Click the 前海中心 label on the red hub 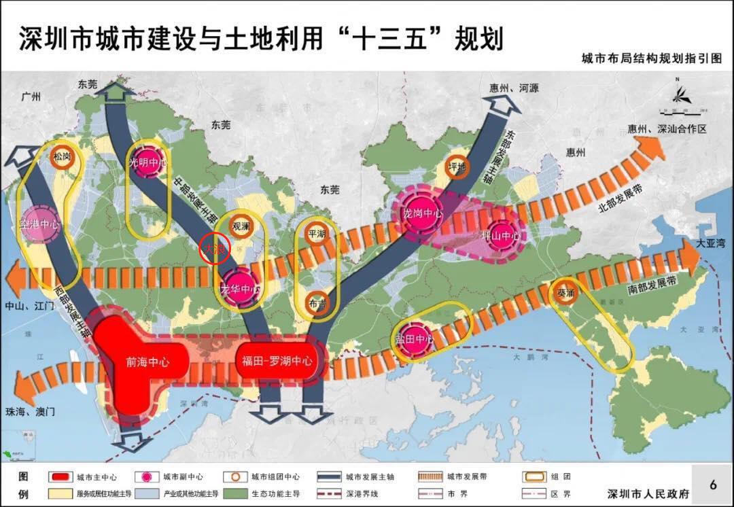coord(147,362)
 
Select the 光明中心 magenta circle coord(147,163)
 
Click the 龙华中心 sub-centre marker coord(241,290)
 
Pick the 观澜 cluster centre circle coord(241,225)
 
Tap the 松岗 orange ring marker coord(62,156)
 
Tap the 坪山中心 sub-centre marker coord(500,236)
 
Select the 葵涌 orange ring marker coord(565,293)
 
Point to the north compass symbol coord(678,96)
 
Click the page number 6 coord(713,485)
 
